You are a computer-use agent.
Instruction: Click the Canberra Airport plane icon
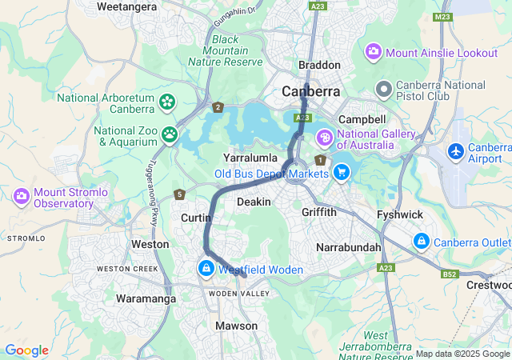[456, 150]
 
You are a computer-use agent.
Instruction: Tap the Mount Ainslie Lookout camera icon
[374, 52]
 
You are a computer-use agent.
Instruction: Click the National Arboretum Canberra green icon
[166, 102]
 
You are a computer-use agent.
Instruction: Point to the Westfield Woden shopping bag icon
[207, 269]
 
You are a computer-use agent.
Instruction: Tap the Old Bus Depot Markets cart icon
[342, 172]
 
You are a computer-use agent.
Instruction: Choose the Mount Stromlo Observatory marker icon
[22, 195]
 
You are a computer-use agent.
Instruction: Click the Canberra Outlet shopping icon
[421, 241]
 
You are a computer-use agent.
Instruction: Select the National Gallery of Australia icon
[325, 138]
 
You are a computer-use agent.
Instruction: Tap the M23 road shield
[442, 17]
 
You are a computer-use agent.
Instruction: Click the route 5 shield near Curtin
[180, 194]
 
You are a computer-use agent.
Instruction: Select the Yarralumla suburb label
[250, 158]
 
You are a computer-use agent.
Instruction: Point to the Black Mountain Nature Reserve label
[225, 50]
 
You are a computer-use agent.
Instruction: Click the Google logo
[27, 350]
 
